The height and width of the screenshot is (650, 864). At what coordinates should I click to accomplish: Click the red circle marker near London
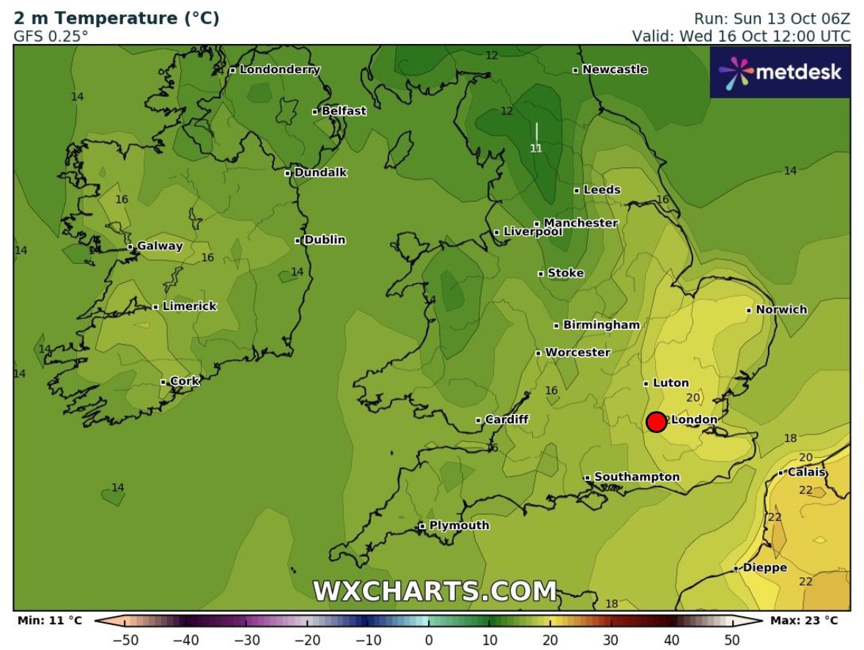[656, 422]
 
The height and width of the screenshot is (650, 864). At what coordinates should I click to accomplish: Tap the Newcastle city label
[614, 70]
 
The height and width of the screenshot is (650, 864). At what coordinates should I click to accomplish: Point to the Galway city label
[159, 246]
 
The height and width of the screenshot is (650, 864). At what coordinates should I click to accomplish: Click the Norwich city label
[781, 310]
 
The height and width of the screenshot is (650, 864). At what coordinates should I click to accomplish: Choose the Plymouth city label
[459, 525]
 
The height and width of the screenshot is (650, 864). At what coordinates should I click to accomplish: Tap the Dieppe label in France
[764, 568]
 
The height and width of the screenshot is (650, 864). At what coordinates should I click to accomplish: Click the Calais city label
[807, 473]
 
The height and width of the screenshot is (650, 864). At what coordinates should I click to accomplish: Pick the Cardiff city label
[506, 420]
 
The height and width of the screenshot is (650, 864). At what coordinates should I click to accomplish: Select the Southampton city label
[636, 477]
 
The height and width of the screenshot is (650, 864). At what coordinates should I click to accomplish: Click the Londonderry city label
[279, 70]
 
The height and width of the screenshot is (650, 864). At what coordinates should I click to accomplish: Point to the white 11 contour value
[536, 149]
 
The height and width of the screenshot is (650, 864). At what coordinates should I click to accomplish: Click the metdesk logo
[780, 73]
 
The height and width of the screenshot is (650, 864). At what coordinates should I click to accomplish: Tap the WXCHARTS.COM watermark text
[435, 591]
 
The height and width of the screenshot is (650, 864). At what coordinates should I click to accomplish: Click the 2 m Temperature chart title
[117, 18]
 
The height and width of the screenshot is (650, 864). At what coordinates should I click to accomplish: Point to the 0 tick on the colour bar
[429, 640]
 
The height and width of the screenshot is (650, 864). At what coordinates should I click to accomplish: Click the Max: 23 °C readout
[803, 621]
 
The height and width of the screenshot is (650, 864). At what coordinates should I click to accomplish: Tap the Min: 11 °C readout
[50, 621]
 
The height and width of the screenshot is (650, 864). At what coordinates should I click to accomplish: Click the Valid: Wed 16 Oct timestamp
[741, 36]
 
